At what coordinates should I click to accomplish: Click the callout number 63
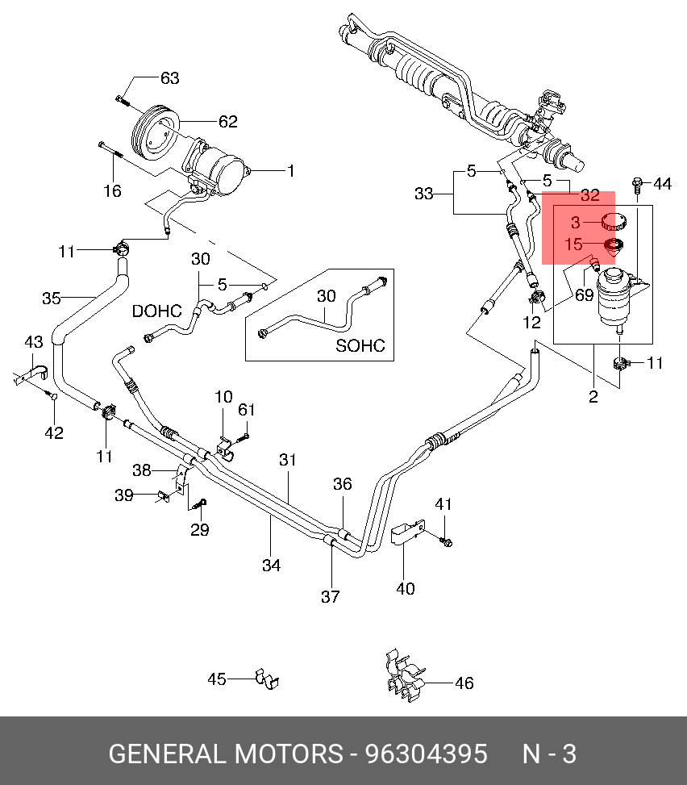click(169, 78)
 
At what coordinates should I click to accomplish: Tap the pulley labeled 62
click(156, 133)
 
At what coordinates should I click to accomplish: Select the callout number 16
click(113, 190)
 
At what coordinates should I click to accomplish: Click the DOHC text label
click(156, 311)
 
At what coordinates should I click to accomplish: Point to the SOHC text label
click(360, 345)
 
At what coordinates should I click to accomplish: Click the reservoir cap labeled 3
click(613, 221)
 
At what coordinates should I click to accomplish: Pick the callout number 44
click(663, 184)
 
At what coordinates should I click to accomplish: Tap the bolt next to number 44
click(637, 185)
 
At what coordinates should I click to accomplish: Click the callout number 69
click(584, 294)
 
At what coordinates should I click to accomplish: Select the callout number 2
click(593, 396)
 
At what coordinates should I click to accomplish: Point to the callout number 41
click(443, 504)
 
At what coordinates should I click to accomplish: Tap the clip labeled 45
click(267, 679)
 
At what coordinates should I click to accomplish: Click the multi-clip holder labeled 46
click(405, 675)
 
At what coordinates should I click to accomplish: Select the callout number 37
click(331, 596)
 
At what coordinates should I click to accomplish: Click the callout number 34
click(271, 566)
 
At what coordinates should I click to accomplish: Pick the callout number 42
click(54, 432)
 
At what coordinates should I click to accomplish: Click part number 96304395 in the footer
click(427, 754)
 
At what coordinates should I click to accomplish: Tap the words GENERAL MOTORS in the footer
click(226, 754)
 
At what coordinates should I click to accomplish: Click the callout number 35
click(52, 299)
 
